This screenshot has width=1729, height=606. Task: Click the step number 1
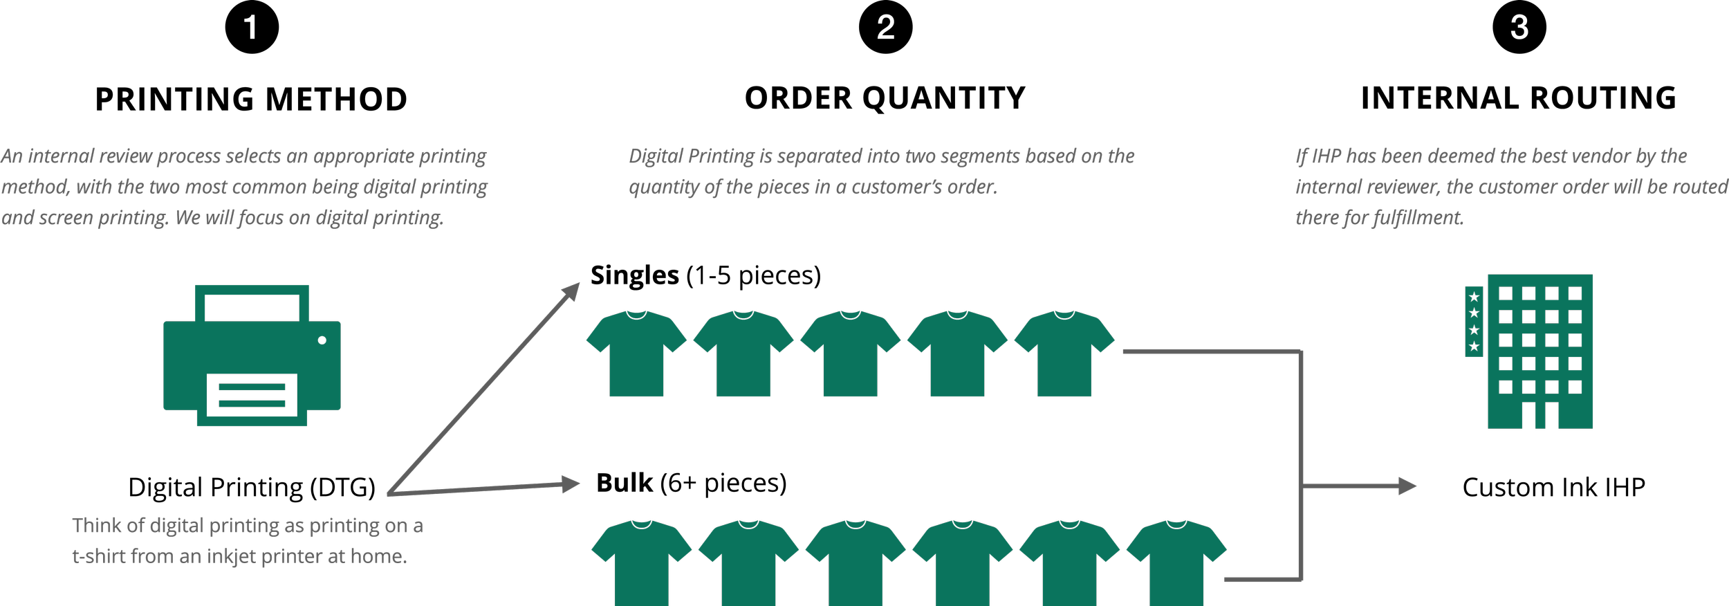(250, 28)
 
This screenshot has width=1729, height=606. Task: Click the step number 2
(885, 28)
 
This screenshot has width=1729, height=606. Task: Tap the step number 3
(1519, 28)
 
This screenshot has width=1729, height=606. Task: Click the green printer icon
(252, 356)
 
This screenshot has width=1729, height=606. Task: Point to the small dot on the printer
(322, 340)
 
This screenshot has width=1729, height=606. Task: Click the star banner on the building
(1474, 322)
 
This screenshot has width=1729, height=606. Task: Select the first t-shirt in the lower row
(641, 563)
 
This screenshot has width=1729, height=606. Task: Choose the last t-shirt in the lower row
(1176, 563)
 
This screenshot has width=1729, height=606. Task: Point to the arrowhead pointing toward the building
(1407, 486)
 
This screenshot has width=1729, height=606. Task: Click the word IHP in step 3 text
(1326, 156)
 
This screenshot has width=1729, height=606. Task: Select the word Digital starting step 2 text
(656, 156)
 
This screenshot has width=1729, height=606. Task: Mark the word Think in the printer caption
(97, 526)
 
